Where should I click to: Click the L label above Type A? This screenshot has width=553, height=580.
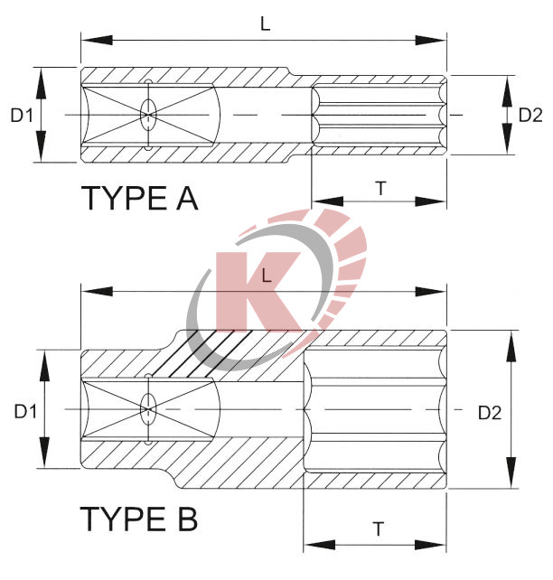coord(266,25)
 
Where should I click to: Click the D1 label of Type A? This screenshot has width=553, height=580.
coord(22,115)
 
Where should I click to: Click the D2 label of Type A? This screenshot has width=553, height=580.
coord(530,115)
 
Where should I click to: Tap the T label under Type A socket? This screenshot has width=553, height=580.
coord(380,188)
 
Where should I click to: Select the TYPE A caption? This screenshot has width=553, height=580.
coord(139,197)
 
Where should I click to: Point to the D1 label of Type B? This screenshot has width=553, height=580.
coord(24,411)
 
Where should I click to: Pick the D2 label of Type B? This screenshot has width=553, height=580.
coord(490,412)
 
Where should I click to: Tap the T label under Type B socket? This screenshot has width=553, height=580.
coord(376,528)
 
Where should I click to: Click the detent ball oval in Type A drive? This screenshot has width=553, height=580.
coord(147,115)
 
